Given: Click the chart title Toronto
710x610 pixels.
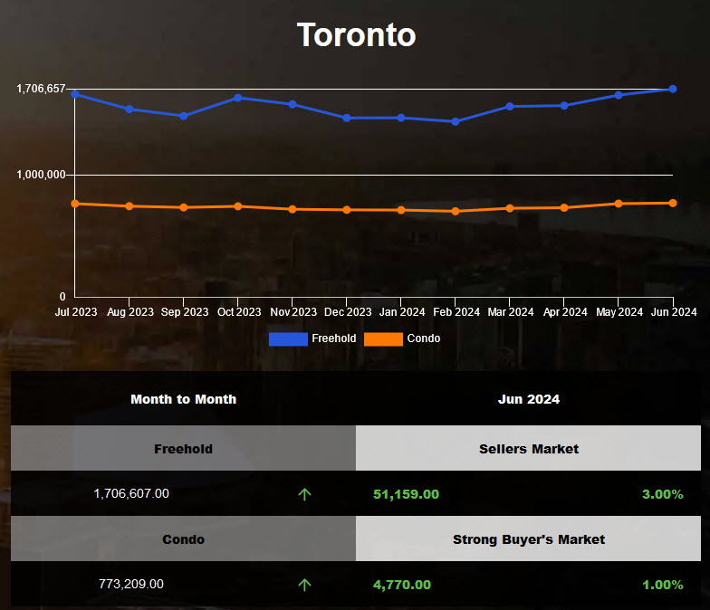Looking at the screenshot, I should (x=356, y=34).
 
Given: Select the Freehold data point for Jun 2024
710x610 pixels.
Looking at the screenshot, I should (x=673, y=89).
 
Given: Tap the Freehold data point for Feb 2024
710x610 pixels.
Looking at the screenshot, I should (x=456, y=121).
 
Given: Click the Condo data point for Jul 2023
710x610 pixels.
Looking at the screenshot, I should (x=74, y=204).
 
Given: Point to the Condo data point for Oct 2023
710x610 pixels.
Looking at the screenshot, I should (x=237, y=206).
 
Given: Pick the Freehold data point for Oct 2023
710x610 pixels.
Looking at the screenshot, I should (x=237, y=97).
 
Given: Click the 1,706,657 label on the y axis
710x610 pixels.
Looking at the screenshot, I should (x=41, y=89).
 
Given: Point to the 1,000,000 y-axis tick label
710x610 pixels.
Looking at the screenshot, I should (x=41, y=175).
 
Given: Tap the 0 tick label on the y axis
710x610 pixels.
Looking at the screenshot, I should (x=62, y=297).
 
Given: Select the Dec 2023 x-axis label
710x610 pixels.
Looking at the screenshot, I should (x=347, y=312).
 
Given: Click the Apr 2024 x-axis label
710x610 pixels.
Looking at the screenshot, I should (x=563, y=312).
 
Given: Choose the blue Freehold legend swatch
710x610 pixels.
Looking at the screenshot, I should (x=287, y=338).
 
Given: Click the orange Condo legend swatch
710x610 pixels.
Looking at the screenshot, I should (x=383, y=338).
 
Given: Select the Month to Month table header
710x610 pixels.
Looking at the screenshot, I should (x=183, y=399).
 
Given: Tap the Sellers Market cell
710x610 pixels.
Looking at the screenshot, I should (x=529, y=449).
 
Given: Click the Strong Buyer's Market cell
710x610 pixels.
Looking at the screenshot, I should (x=529, y=539).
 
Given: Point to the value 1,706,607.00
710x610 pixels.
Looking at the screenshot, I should (x=131, y=494).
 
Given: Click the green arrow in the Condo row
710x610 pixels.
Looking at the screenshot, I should (x=304, y=585).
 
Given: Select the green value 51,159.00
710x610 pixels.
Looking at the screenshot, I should (x=406, y=494).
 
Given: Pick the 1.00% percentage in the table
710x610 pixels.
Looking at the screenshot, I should (x=662, y=585).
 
